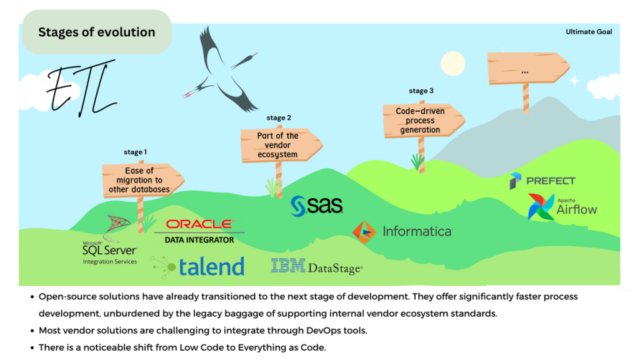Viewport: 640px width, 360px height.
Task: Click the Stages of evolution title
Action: [x=96, y=32]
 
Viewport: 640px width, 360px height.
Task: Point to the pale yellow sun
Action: [x=453, y=63]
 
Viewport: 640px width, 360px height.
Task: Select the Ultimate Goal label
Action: [x=589, y=32]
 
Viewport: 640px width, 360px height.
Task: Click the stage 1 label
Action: [x=136, y=152]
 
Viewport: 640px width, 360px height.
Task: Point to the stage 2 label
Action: [x=279, y=117]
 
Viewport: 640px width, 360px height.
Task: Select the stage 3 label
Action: [x=421, y=91]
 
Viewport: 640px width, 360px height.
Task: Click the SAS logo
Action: [x=317, y=206]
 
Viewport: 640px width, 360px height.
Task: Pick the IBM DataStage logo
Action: [x=316, y=267]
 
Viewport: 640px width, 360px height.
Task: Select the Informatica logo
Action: [x=402, y=231]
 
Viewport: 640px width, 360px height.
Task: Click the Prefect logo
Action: [x=542, y=181]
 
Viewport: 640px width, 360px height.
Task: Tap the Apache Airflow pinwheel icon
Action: [x=541, y=207]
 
